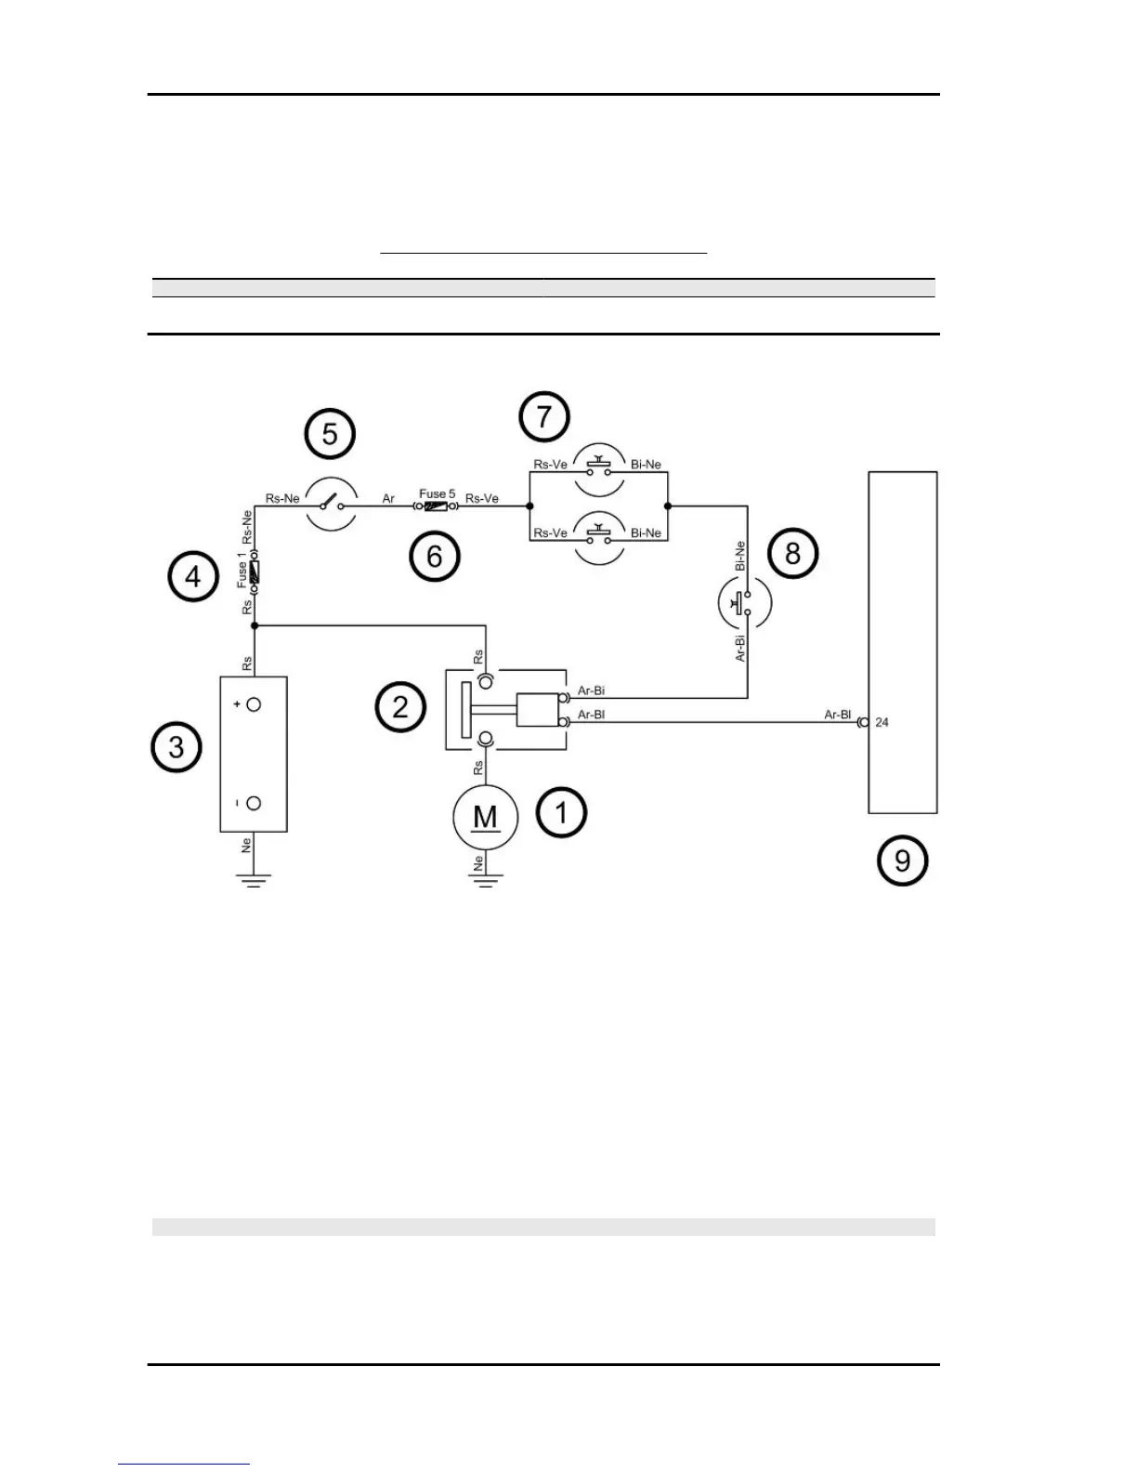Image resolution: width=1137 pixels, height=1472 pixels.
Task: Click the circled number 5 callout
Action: [330, 433]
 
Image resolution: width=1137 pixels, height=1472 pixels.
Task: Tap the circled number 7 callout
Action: [544, 417]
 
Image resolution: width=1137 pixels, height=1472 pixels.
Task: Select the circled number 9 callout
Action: [902, 861]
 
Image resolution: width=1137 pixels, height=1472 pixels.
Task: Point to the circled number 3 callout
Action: [176, 747]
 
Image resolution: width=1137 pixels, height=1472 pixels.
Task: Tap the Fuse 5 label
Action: [437, 493]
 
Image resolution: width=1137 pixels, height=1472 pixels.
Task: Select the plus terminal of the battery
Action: [254, 704]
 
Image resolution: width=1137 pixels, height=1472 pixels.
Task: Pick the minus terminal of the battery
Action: [254, 803]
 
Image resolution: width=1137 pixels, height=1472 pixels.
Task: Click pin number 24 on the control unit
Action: [882, 722]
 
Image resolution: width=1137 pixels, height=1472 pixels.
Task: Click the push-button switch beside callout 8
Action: [745, 603]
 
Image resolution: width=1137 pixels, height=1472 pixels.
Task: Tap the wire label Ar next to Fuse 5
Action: [388, 499]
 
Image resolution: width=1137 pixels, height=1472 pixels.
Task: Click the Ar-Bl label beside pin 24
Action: [837, 715]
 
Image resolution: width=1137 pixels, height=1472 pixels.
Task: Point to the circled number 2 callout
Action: [400, 707]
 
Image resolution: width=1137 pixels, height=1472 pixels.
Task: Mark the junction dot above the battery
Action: [254, 626]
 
